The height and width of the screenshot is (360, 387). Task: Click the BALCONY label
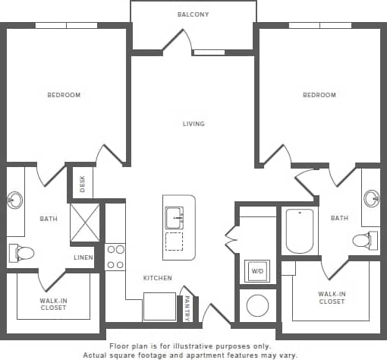coord(193,14)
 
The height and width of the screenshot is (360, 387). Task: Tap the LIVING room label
coord(193,124)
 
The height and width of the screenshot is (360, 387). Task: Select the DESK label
coord(82,183)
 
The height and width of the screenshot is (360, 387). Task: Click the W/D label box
coord(256,270)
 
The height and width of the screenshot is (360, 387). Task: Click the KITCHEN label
coord(157,278)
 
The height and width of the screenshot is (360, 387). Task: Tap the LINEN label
coord(83,257)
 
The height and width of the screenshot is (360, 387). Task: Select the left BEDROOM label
coord(64,95)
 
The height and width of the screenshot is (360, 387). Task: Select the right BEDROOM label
coord(319,95)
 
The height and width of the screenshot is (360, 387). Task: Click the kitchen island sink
coord(174,218)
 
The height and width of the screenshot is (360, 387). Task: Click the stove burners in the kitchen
coord(115,257)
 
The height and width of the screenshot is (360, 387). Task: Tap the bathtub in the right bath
coord(300,231)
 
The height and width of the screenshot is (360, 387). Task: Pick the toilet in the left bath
coord(22,252)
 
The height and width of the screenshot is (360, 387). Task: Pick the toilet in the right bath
coord(363,241)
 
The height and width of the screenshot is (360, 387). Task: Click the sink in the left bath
coord(14,201)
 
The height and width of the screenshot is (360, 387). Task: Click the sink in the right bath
coord(371,199)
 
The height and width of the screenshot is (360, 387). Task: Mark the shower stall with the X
coord(85,222)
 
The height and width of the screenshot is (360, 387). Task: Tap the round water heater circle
coord(257,306)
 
